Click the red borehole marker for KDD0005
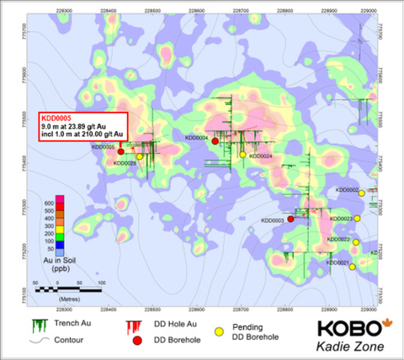[x=121, y=151]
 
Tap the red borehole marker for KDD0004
[x=215, y=141]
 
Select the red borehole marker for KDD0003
[x=290, y=219]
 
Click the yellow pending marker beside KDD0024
[x=242, y=155]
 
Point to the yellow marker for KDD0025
[x=140, y=156]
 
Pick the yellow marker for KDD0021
[x=353, y=267]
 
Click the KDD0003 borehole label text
[x=274, y=220]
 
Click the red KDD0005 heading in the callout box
[x=56, y=118]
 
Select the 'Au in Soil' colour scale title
[x=56, y=262]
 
